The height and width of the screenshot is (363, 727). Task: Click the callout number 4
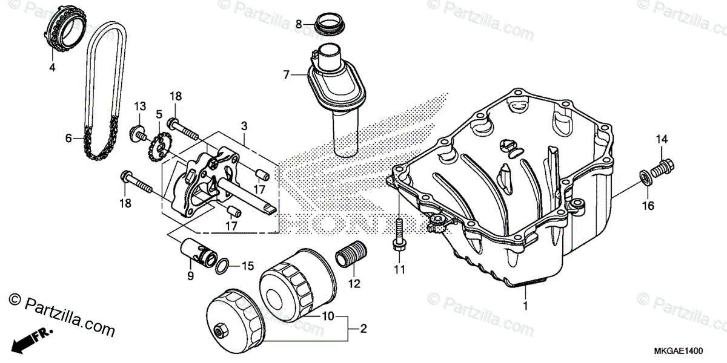52,68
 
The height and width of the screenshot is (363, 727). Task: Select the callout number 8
299,24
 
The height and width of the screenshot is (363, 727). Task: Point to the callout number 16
648,206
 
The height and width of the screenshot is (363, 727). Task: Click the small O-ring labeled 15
222,265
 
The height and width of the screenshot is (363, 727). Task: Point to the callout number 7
287,75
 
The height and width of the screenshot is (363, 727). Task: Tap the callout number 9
190,276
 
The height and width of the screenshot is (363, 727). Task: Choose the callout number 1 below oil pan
525,306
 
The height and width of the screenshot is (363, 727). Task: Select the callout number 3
244,126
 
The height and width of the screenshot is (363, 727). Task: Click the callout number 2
363,329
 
